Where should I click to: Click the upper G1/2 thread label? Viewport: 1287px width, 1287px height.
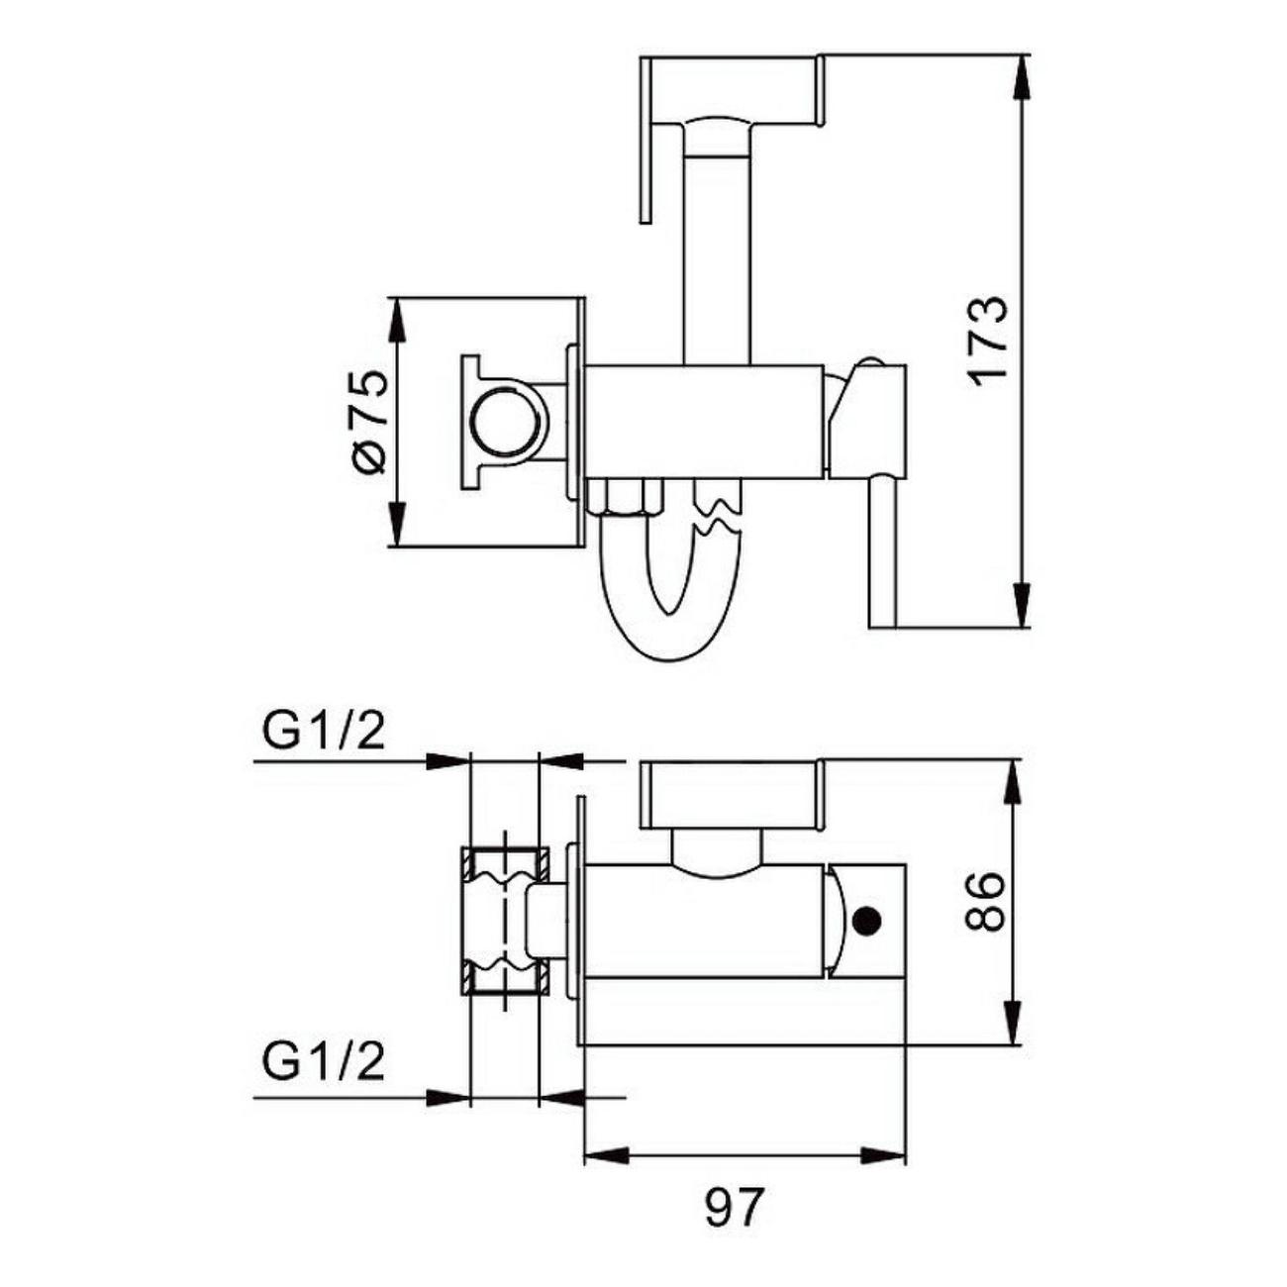point(324,735)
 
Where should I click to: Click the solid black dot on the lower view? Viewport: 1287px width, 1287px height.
point(867,922)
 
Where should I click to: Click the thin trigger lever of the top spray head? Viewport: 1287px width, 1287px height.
point(646,142)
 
